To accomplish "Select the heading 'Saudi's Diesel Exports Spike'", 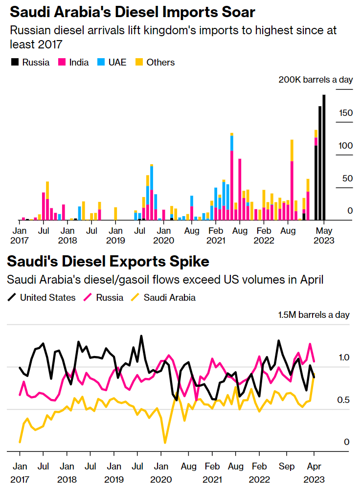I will coord(108,262).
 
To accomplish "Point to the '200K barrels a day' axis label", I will coord(315,80).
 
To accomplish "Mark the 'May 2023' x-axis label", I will coord(323,235).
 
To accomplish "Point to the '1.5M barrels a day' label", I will coord(314,314).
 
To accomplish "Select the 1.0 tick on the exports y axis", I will coord(344,357).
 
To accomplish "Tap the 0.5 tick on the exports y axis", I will coord(344,400).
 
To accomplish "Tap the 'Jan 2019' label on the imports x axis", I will coord(115,235).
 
